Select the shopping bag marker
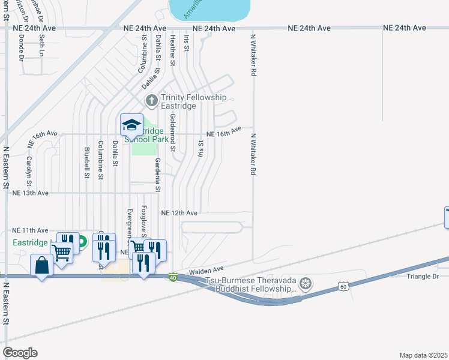[41, 265]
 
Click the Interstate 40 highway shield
[173, 277]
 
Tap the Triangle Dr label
[423, 276]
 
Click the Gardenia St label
[158, 175]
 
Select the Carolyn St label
[29, 171]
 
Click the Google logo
[20, 353]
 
